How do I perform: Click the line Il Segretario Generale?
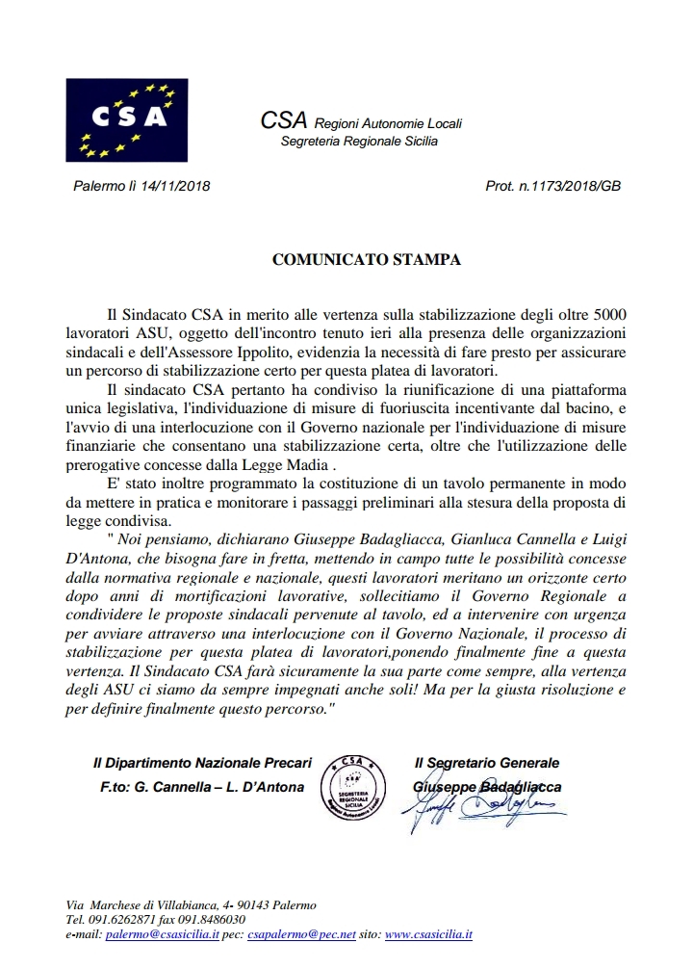pyautogui.click(x=486, y=763)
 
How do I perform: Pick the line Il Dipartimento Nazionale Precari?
pyautogui.click(x=202, y=763)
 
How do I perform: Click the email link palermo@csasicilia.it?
pyautogui.click(x=163, y=934)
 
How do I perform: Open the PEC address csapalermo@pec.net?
pyautogui.click(x=301, y=934)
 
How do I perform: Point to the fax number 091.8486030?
pyautogui.click(x=204, y=920)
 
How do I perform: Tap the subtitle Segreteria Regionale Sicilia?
pyautogui.click(x=359, y=142)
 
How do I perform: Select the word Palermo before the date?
pyautogui.click(x=98, y=186)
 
